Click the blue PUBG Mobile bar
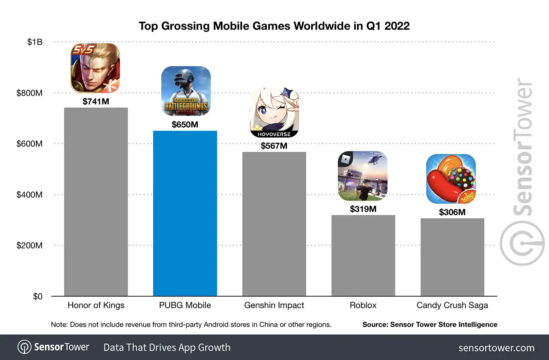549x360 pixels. coord(185,213)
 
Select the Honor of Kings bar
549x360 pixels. coord(96,202)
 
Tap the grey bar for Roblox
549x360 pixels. coord(363,255)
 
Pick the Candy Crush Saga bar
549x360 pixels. coord(452,257)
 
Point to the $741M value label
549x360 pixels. coord(96,102)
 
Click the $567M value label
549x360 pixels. coord(274,146)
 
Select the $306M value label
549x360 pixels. coord(452,212)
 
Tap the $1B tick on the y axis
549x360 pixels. coord(35,42)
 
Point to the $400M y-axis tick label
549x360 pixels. coord(30,195)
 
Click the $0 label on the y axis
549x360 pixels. coord(37,296)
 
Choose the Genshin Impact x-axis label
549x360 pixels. coord(274,305)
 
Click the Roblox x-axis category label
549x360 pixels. coord(363,305)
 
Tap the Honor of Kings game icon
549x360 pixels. coord(95,68)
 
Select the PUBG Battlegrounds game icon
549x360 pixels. coord(186,91)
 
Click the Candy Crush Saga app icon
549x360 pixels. coord(451,179)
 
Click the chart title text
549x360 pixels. coord(274,26)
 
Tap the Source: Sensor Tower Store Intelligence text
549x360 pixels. coord(430,325)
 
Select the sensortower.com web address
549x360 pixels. coord(496,348)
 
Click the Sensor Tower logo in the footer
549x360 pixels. coord(53,347)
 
